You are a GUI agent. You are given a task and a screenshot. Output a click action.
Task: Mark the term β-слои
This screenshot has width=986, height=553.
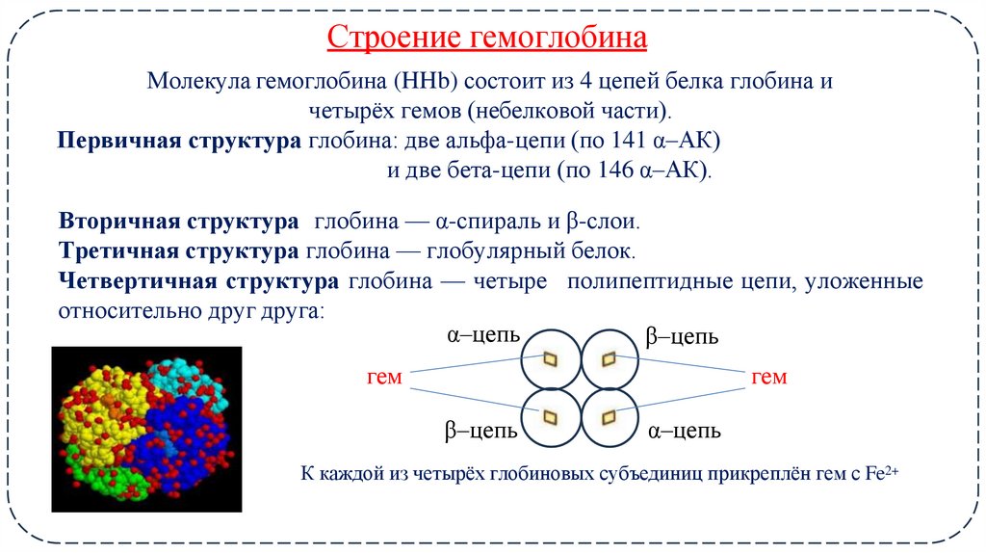tap(601, 222)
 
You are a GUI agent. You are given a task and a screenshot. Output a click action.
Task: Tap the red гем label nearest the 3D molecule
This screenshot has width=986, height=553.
tap(385, 377)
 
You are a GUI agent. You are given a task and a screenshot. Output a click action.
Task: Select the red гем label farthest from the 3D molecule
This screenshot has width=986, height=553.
tap(768, 377)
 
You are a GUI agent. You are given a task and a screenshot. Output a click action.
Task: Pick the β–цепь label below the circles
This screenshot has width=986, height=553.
tap(482, 430)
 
